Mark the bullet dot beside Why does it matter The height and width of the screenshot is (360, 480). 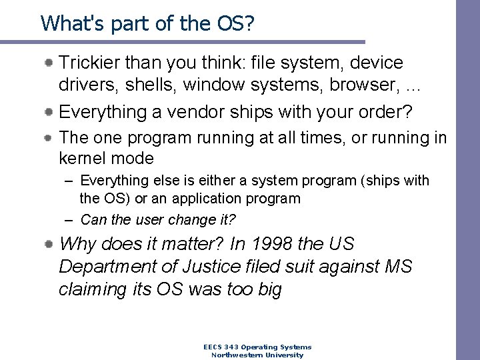pyautogui.click(x=50, y=244)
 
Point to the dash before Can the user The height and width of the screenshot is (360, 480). pyautogui.click(x=69, y=219)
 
